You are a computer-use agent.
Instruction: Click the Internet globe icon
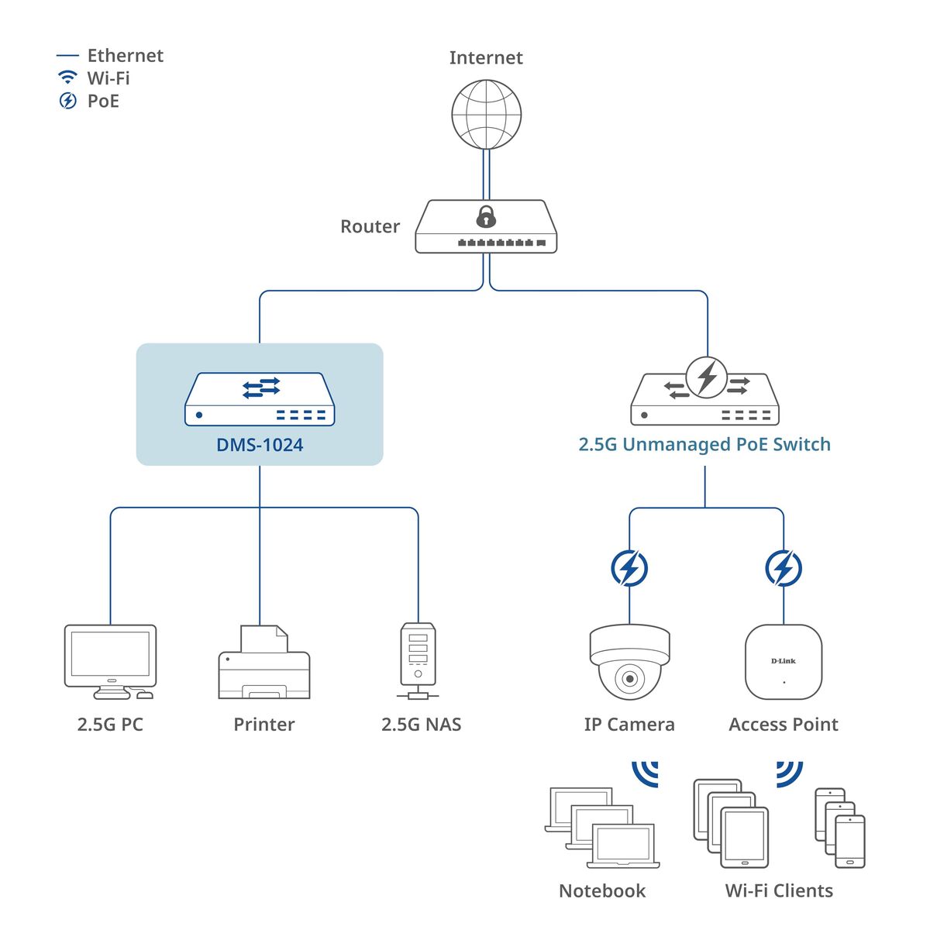486,115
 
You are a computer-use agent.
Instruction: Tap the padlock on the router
486,216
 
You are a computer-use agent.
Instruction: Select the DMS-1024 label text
260,445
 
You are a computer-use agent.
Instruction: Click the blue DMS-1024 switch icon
260,399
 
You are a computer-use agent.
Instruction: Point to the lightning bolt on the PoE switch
707,377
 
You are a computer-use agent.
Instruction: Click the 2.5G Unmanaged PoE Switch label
704,445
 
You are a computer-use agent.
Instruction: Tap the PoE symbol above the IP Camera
629,568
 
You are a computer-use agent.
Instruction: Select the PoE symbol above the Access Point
784,568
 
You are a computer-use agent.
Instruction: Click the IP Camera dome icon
629,662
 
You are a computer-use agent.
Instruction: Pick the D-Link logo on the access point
784,661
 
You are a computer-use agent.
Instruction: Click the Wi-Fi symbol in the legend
68,77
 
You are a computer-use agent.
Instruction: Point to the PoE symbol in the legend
68,101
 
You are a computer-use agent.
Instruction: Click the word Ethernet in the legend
125,56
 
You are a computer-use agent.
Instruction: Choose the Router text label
370,226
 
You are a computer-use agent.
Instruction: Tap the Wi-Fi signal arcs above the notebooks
646,772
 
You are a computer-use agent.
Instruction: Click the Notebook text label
602,891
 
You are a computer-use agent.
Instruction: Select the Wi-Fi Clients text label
779,891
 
